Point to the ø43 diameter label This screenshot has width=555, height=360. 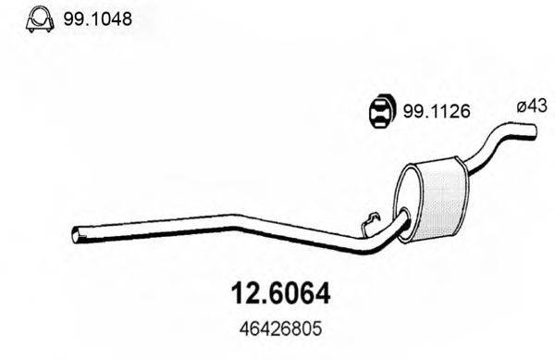(x=526, y=107)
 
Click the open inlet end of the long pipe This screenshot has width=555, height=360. (x=76, y=236)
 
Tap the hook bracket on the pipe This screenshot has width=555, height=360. (x=368, y=222)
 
